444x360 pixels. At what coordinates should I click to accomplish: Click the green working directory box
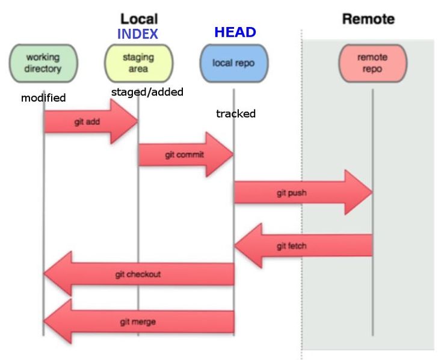pyautogui.click(x=43, y=63)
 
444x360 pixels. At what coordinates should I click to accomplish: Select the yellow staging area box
pyautogui.click(x=138, y=63)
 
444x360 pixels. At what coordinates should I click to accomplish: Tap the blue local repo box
pyautogui.click(x=233, y=63)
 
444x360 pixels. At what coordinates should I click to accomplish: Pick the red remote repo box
pyautogui.click(x=372, y=63)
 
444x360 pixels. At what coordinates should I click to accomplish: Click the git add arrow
pyautogui.click(x=90, y=121)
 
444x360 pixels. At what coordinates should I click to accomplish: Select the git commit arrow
pyautogui.click(x=185, y=155)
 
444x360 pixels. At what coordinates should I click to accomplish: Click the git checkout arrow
pyautogui.click(x=138, y=274)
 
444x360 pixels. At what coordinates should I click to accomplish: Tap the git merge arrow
pyautogui.click(x=138, y=322)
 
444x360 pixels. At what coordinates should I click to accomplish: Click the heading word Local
pyautogui.click(x=138, y=19)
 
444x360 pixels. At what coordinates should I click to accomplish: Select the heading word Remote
pyautogui.click(x=368, y=19)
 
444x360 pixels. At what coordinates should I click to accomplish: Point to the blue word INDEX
pyautogui.click(x=137, y=34)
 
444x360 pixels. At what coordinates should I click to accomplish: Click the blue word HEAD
pyautogui.click(x=235, y=32)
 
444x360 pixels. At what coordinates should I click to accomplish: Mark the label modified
pyautogui.click(x=43, y=97)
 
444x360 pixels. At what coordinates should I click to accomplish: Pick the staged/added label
pyautogui.click(x=147, y=92)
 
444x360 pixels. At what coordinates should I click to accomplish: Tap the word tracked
pyautogui.click(x=236, y=114)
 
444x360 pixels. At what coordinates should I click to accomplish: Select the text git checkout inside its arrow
pyautogui.click(x=138, y=275)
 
